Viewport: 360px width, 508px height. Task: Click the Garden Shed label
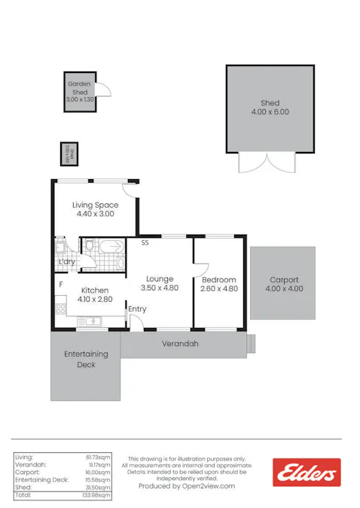(80, 88)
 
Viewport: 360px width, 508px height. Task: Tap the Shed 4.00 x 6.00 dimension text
(270, 112)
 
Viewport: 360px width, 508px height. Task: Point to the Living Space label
(95, 205)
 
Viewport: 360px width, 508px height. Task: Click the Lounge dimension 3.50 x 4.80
(160, 287)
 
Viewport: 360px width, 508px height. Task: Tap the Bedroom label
(218, 279)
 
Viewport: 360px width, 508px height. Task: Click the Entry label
(137, 309)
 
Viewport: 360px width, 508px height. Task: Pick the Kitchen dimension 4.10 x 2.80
(94, 299)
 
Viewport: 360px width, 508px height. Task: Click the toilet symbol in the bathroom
(89, 245)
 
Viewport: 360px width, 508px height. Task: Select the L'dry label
(67, 262)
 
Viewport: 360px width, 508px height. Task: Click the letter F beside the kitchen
(60, 284)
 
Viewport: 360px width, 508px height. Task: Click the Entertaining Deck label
(86, 359)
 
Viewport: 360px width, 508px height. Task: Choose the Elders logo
(307, 473)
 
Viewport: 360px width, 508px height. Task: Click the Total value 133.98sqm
(99, 495)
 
